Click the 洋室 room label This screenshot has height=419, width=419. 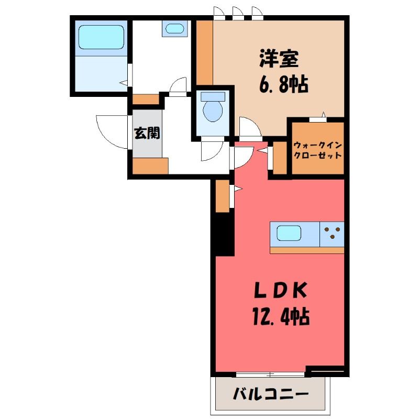coord(279,59)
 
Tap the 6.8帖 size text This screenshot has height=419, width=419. coord(283,84)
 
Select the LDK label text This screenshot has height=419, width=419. coord(280,291)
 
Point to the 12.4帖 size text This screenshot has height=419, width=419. coord(281,317)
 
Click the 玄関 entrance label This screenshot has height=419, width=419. coord(147,133)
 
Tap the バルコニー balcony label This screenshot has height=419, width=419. coord(271,394)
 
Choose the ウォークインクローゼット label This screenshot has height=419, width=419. coord(318,150)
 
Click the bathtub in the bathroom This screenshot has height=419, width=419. coord(101,37)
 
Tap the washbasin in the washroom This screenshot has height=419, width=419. coord(175,28)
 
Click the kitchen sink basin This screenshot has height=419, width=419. coord(289,233)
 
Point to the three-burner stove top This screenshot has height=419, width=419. coord(332,234)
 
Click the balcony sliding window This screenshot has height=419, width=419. coord(270,374)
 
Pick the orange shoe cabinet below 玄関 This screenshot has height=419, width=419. coord(150,166)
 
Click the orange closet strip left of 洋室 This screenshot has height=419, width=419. coord(205,53)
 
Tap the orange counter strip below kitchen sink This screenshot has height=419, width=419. coord(307,250)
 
